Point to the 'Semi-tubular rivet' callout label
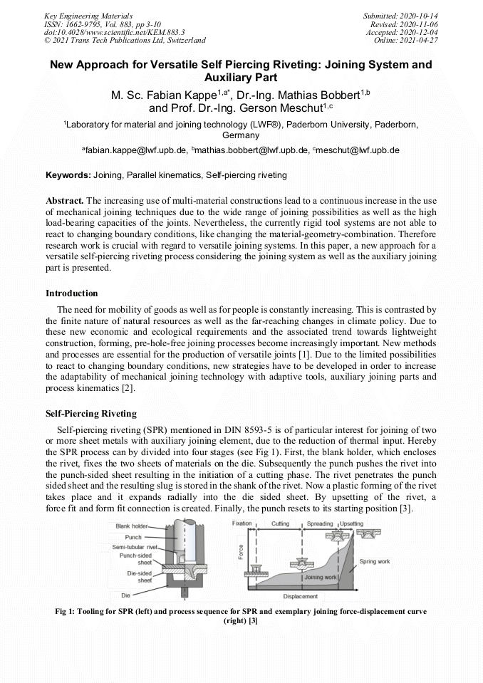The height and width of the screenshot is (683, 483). pyautogui.click(x=135, y=547)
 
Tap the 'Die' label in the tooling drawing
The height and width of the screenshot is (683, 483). pyautogui.click(x=125, y=595)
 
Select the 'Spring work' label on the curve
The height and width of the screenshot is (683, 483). pyautogui.click(x=374, y=561)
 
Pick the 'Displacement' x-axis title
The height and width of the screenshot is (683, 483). pyautogui.click(x=300, y=596)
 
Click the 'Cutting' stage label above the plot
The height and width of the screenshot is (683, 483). pyautogui.click(x=280, y=523)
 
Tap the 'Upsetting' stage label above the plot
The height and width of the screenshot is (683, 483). pyautogui.click(x=350, y=523)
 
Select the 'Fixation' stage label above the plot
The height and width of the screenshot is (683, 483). pyautogui.click(x=242, y=523)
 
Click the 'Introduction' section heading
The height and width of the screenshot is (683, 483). pyautogui.click(x=72, y=293)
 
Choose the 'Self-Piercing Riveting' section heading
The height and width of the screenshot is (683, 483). pyautogui.click(x=91, y=414)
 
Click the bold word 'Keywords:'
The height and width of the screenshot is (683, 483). pyautogui.click(x=68, y=175)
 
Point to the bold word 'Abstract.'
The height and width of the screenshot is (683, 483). pyautogui.click(x=65, y=201)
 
